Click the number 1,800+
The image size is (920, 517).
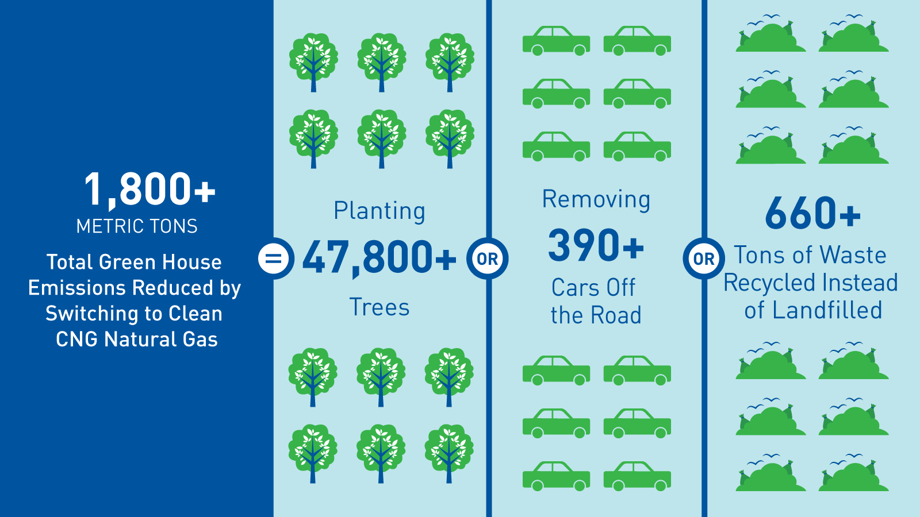150,189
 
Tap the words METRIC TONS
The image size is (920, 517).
137,226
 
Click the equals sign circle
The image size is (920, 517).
274,258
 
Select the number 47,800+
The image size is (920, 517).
379,258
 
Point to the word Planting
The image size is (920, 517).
379,211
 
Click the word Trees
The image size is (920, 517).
379,307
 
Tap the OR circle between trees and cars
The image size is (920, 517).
488,259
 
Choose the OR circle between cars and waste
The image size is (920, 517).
704,259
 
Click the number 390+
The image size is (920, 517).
596,245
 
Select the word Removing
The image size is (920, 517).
596,200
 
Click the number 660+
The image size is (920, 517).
813,213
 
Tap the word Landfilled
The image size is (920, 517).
827,310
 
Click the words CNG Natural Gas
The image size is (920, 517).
137,339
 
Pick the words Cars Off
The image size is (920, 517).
593,287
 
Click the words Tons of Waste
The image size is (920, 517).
810,255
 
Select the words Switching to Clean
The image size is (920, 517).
134,314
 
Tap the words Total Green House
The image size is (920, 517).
134,262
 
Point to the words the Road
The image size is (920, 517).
596,315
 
